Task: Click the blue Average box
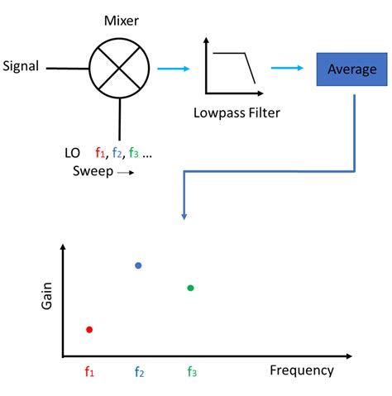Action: (x=351, y=70)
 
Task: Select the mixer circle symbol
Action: (x=120, y=69)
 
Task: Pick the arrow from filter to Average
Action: (x=288, y=69)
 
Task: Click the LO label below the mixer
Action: (x=73, y=154)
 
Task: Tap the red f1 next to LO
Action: (x=100, y=154)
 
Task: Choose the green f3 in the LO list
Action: (x=137, y=154)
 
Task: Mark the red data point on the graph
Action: (x=89, y=329)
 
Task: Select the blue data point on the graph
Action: (x=138, y=265)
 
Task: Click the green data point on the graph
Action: (x=190, y=288)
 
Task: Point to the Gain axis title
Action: (x=47, y=294)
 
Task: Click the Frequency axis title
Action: (x=302, y=370)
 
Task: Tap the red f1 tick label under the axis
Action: (x=89, y=372)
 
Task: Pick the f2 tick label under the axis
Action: (x=140, y=372)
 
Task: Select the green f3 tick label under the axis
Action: (x=191, y=372)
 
